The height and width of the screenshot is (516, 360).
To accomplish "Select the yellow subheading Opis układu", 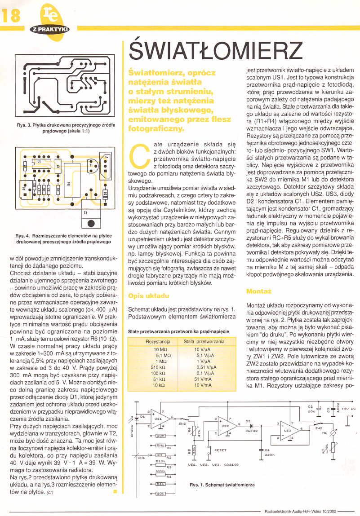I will [148, 296].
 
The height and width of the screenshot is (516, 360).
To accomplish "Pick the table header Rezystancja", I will [158, 342].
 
